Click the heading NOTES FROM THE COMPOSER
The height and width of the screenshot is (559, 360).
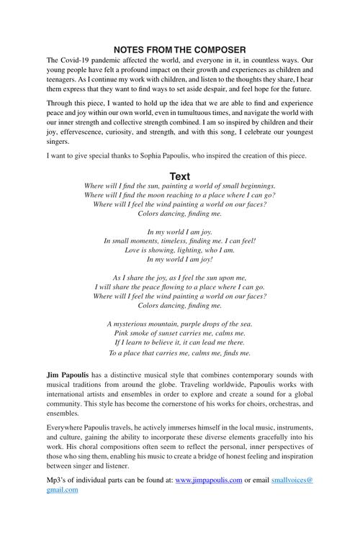pos(179,49)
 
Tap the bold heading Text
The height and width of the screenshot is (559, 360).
pos(180,176)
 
